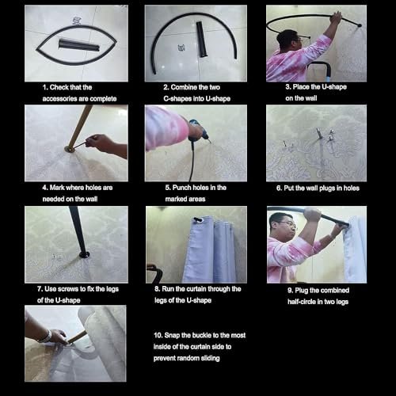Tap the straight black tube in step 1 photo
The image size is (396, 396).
pyautogui.click(x=78, y=45)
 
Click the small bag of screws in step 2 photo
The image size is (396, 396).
pyautogui.click(x=181, y=48)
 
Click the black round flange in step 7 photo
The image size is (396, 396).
pyautogui.click(x=84, y=254)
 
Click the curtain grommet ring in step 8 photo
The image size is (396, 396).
pyautogui.click(x=197, y=219)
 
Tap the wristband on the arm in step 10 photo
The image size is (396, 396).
pyautogui.click(x=48, y=336)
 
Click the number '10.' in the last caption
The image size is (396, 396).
pyautogui.click(x=158, y=335)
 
